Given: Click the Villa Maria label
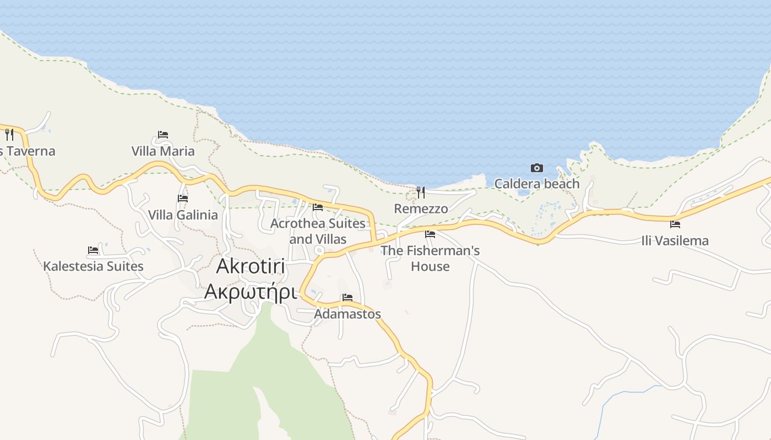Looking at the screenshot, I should (x=163, y=151).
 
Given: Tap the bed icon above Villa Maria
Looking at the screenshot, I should (x=163, y=134).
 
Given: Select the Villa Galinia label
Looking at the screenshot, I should (x=183, y=215).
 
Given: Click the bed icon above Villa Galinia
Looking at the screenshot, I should (x=183, y=198).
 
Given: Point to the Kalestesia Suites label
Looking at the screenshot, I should (x=93, y=266).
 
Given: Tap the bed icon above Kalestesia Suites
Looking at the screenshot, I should (x=93, y=250).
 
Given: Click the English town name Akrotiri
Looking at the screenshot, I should (x=251, y=266).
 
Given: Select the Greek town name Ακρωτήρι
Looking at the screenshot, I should (x=251, y=291).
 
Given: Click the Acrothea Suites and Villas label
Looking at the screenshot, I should (x=318, y=231).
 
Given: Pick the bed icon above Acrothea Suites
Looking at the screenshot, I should (x=318, y=207).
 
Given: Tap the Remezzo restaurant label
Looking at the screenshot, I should (x=421, y=208).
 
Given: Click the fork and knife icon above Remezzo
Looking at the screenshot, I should (x=421, y=192).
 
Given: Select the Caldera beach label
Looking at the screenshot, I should (x=537, y=184).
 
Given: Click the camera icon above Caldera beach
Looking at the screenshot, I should (x=536, y=168).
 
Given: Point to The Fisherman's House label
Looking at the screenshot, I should (x=430, y=258).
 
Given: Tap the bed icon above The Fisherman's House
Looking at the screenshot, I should (x=430, y=234).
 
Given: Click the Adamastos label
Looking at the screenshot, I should (x=348, y=314).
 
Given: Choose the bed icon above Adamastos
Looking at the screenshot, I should (x=348, y=298).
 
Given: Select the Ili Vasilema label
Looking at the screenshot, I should (x=675, y=240).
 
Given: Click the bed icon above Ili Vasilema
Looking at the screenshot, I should (x=675, y=224).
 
